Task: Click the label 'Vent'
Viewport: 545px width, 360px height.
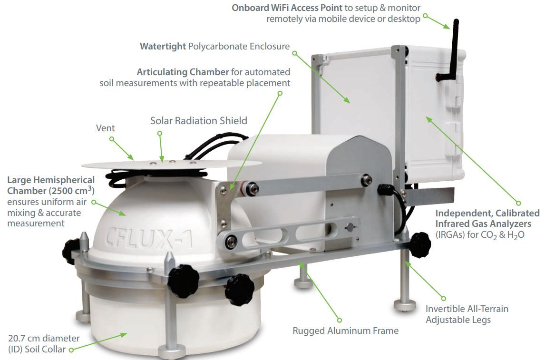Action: click(x=105, y=128)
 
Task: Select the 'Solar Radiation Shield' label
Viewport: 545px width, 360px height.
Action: click(x=198, y=121)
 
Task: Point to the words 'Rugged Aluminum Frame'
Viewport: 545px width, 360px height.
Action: click(x=345, y=331)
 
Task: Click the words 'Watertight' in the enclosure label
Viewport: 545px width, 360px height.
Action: click(x=163, y=46)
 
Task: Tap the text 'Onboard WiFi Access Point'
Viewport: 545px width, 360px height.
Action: click(x=287, y=8)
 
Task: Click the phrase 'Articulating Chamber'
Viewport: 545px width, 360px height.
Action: click(x=183, y=72)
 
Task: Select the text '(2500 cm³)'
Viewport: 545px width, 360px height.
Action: click(x=72, y=190)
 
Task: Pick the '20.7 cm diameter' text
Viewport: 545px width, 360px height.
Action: click(x=44, y=338)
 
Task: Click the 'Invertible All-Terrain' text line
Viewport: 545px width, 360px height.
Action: click(x=467, y=309)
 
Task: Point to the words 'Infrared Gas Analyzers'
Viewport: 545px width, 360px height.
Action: click(x=483, y=224)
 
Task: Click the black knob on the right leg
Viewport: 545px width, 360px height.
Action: click(x=419, y=244)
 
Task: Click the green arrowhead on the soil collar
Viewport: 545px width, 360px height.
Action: click(x=123, y=335)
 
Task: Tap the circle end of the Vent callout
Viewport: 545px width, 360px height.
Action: click(x=112, y=139)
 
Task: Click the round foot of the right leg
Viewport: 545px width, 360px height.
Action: click(x=405, y=305)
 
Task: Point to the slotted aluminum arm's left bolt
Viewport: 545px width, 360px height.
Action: click(x=230, y=240)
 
